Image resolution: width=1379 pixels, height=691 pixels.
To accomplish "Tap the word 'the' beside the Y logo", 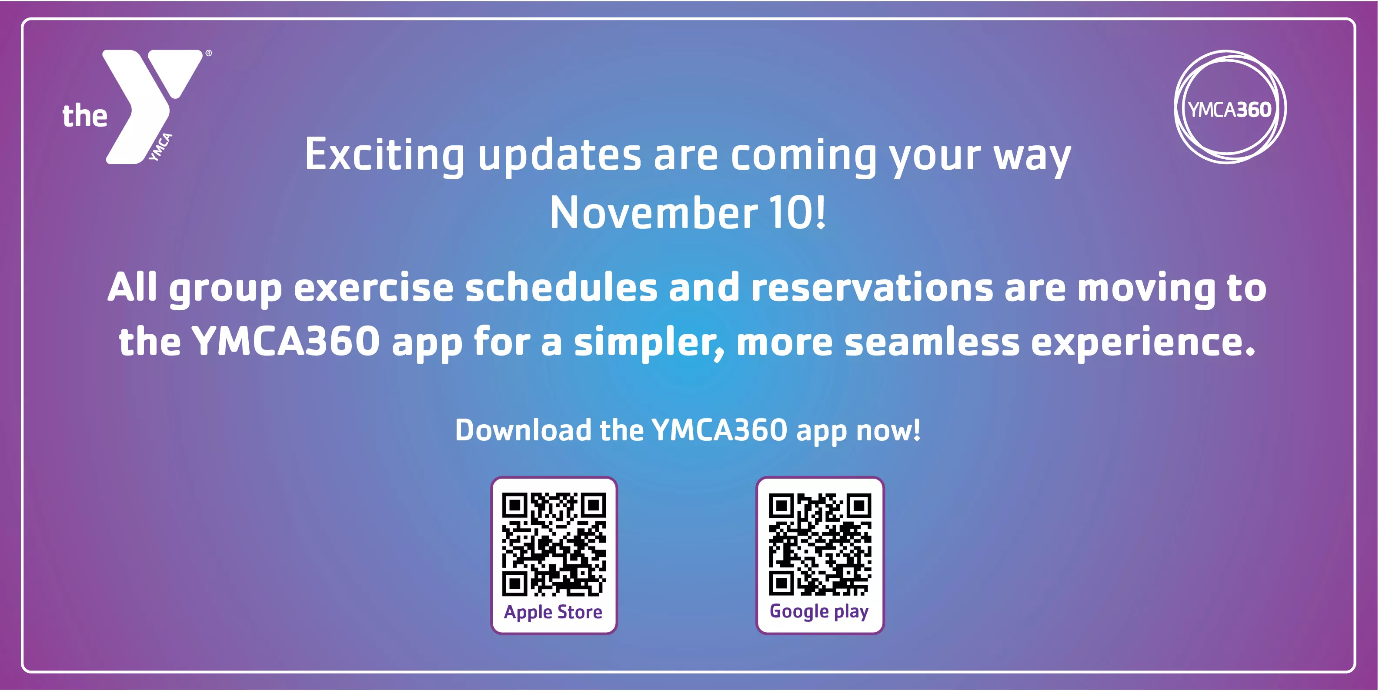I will coord(84,116).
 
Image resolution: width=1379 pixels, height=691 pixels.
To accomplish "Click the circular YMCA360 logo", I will coord(1230,107).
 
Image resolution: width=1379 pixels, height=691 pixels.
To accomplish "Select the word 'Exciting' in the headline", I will coord(384,155).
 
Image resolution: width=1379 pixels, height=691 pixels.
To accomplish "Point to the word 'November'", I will coord(653,213).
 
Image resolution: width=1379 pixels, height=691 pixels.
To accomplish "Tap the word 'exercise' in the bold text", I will coord(373,288).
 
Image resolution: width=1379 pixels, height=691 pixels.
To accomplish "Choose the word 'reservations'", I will coord(871,288).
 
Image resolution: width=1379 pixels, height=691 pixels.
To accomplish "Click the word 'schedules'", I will coord(561,288).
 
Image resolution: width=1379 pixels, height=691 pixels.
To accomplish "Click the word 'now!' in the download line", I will coord(888,430).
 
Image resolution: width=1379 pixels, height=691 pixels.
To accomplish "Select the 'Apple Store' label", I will coord(553,612).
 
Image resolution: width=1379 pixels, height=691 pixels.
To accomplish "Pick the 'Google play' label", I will coord(819,611).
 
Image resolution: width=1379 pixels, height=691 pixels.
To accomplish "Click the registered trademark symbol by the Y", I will coord(209,53).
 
